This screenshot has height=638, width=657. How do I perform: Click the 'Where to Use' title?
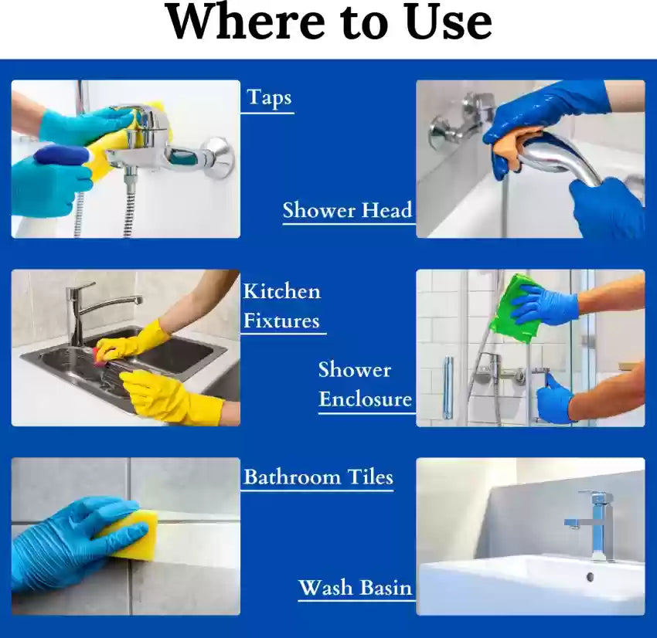[329, 22]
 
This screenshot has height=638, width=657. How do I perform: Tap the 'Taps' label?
[269, 98]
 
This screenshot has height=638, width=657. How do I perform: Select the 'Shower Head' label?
[347, 210]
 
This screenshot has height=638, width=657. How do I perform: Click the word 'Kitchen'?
[282, 291]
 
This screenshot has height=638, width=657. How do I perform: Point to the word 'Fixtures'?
[281, 321]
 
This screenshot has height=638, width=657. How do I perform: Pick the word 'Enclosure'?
[365, 399]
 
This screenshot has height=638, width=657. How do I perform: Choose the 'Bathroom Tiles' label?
[318, 477]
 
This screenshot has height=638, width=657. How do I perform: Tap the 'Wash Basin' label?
[356, 587]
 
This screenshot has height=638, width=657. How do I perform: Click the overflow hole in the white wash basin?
[591, 577]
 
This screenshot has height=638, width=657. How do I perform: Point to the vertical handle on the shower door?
[448, 388]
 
